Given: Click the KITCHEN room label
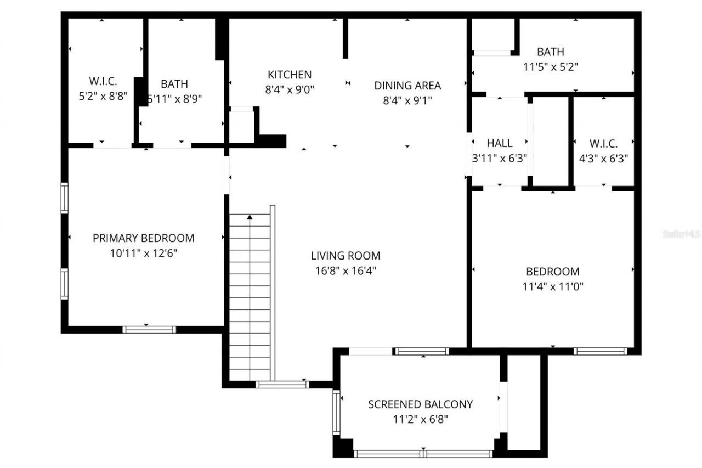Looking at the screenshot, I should click(x=289, y=75).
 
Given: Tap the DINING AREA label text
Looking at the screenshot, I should click(x=407, y=86).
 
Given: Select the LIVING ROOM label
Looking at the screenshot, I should click(x=345, y=256).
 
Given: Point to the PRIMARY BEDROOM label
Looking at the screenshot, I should click(x=143, y=238).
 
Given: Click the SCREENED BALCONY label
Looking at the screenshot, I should click(x=420, y=405).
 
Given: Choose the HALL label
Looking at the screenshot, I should click(x=500, y=144).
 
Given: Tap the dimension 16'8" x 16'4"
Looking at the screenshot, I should click(x=345, y=270).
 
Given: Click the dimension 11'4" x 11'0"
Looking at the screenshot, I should click(x=552, y=286).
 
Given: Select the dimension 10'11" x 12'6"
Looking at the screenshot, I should click(x=143, y=253).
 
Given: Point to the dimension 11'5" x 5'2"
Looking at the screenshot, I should click(x=550, y=67).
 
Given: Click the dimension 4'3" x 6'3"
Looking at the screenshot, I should click(x=603, y=159).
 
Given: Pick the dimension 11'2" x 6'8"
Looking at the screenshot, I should click(x=420, y=420).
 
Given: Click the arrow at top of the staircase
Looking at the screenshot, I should click(x=250, y=218).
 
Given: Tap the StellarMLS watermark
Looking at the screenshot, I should click(x=682, y=234).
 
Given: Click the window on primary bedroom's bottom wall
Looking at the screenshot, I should click(x=149, y=330).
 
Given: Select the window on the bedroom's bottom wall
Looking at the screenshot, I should click(x=600, y=351).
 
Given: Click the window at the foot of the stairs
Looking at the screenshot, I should click(x=282, y=385).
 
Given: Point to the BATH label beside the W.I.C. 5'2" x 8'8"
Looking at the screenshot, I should click(x=174, y=84).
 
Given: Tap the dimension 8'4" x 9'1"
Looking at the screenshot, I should click(x=407, y=101).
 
